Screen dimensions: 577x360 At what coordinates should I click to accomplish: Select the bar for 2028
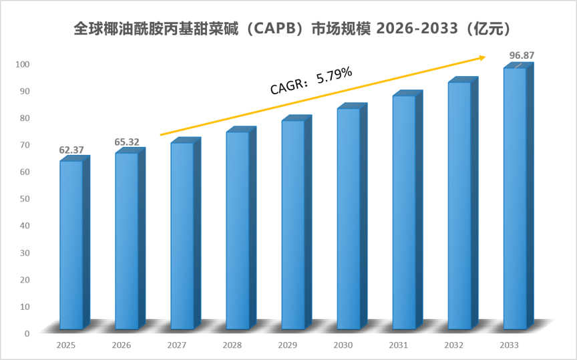241,228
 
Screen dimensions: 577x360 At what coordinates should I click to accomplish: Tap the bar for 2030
352,216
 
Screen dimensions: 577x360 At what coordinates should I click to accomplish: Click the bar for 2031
407,210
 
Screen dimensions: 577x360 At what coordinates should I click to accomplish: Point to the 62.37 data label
71,150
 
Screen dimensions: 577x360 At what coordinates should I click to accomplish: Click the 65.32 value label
127,142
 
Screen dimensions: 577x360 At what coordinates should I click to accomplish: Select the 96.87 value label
522,55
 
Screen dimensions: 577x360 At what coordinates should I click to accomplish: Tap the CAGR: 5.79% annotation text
311,81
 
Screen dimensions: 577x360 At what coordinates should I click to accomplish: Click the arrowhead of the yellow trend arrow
482,57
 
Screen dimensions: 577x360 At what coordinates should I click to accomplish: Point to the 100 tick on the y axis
22,64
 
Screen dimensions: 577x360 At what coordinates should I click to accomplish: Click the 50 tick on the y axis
25,198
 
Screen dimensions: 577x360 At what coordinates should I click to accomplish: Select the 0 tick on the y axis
27,333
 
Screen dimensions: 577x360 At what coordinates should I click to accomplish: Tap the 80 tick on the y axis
25,118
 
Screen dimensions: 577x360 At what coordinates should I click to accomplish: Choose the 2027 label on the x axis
176,345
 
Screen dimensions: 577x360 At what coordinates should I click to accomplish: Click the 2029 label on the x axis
287,345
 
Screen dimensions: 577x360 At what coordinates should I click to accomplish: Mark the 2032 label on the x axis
453,345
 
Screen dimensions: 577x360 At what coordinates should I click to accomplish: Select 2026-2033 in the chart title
417,28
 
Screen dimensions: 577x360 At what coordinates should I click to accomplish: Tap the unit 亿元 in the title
488,28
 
